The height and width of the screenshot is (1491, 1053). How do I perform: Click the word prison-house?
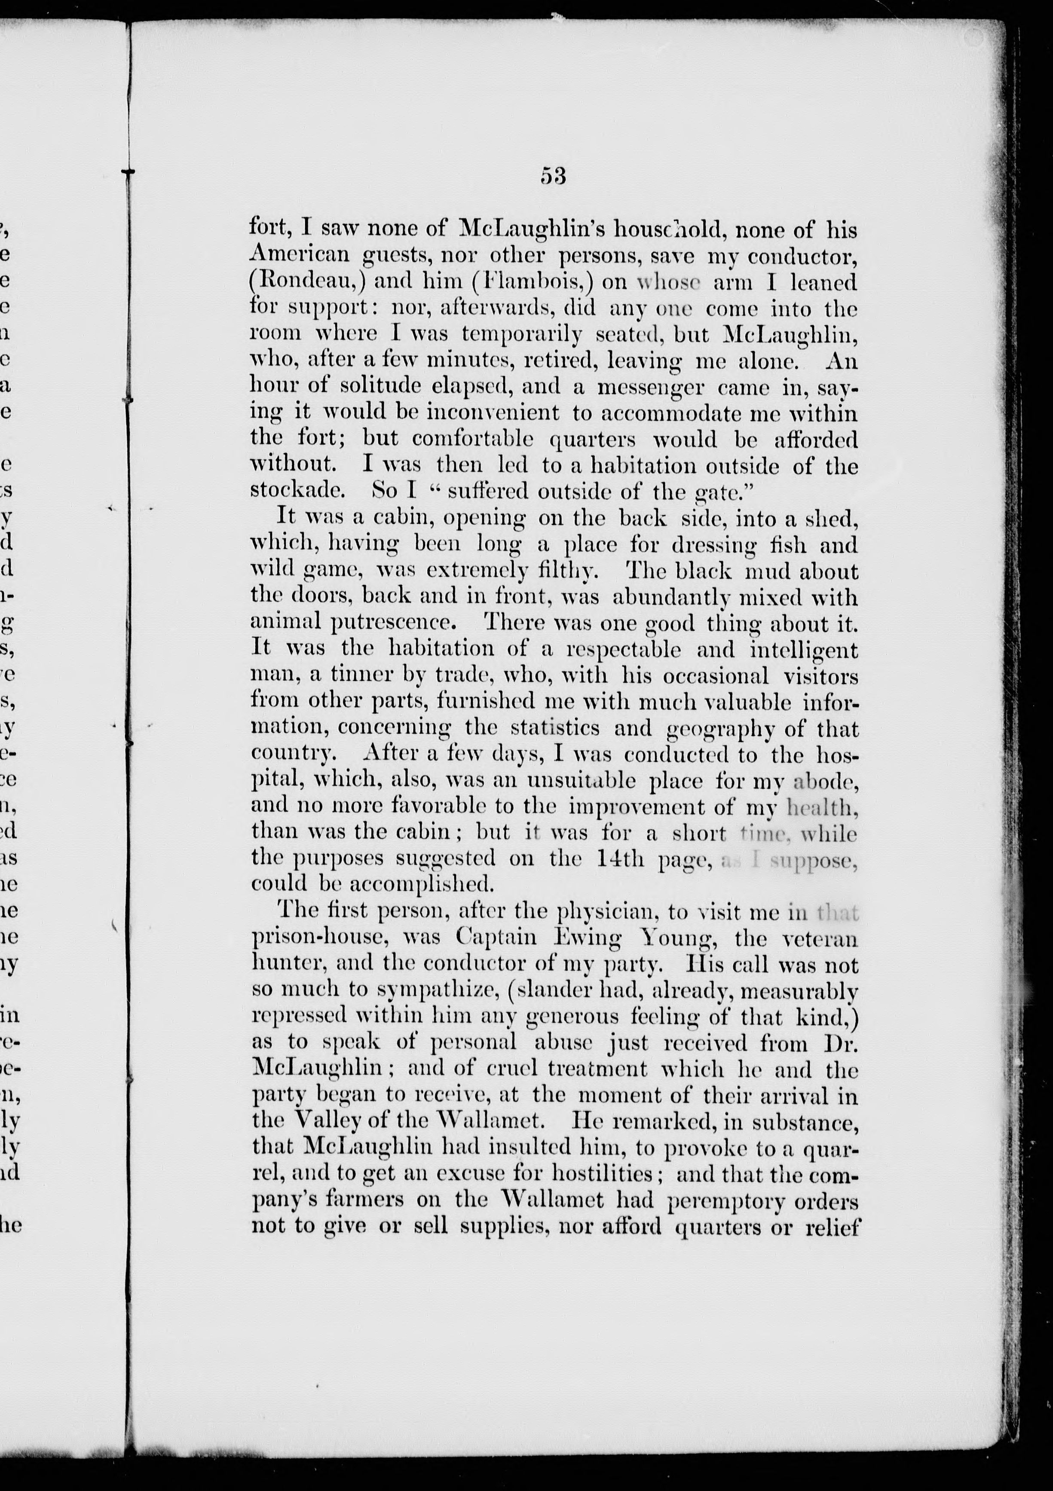[x=321, y=939]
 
